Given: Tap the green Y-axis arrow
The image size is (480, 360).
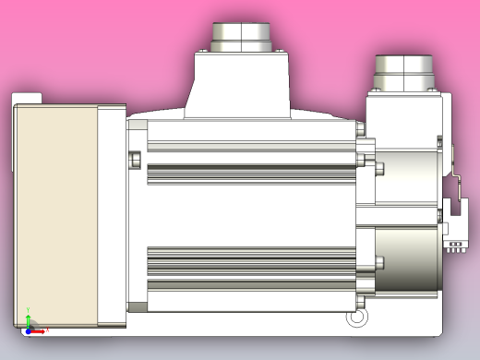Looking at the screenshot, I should coord(28,318).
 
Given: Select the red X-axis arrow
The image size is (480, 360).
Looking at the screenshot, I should coord(38,330).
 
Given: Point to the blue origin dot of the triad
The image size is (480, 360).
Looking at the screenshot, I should coord(29,330).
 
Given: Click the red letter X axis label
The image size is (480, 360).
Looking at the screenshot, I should coord(47,330).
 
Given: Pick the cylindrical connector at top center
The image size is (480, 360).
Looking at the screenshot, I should coord(240,37).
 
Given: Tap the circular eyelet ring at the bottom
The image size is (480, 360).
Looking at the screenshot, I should coord(354,318).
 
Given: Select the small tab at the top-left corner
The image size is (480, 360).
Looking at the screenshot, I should coord(29,95).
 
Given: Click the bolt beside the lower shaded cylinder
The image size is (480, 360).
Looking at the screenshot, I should coord(378,262).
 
